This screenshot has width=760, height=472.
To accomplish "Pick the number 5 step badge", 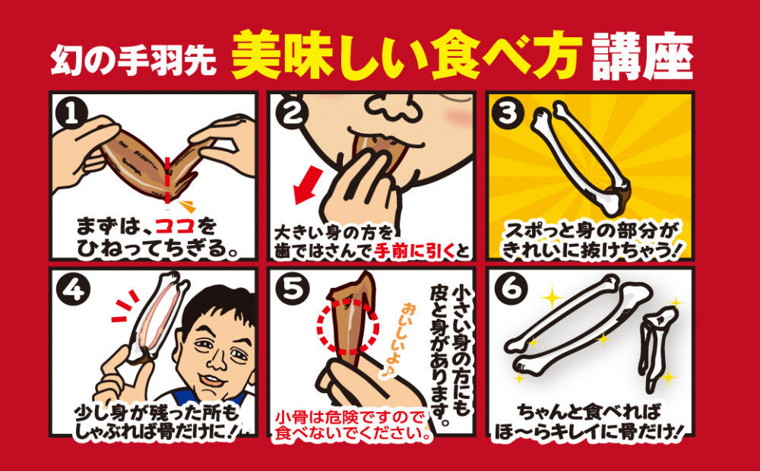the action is pos(291,290).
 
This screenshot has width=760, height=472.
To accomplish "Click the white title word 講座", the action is pos(642,56).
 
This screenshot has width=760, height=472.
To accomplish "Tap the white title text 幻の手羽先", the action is pos(133,60).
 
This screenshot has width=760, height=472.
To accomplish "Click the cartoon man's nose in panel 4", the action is pos(217,359).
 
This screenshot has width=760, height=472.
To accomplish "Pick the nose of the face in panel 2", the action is pos(394,108).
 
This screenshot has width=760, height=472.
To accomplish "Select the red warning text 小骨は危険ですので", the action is pos(349,417).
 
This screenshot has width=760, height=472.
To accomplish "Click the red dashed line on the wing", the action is pos(167,180).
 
